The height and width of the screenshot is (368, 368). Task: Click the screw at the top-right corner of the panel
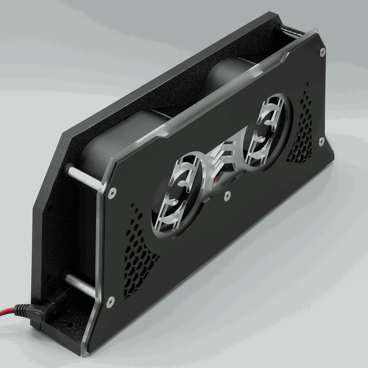324,51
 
